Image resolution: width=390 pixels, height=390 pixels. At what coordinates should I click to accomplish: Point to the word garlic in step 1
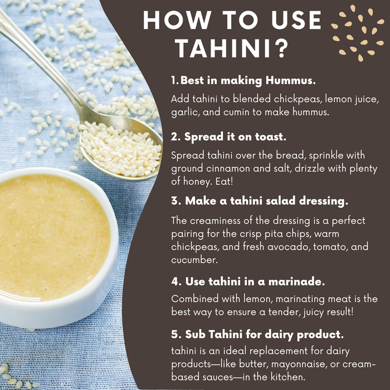[184, 111]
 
